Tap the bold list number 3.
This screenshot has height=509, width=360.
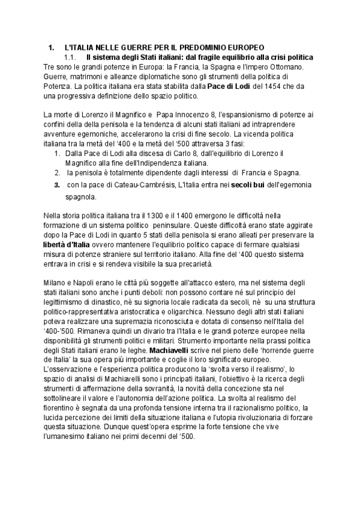coord(57,184)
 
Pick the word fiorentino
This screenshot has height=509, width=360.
coord(61,408)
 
